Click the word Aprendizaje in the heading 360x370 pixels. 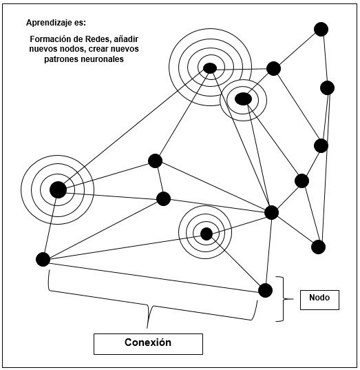(47, 23)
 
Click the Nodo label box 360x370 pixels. (319, 299)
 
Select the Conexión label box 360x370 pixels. (148, 342)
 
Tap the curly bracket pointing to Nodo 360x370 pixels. (280, 299)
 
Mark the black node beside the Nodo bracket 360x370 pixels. (265, 290)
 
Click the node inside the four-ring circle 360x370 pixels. (209, 68)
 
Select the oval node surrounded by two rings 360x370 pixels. (243, 99)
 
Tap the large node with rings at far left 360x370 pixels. (58, 189)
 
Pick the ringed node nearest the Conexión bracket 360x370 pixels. (205, 234)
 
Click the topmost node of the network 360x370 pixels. (320, 29)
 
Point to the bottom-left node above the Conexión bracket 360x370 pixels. (43, 259)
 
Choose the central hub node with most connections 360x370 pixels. (271, 212)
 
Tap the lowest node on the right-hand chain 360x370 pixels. (318, 247)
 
